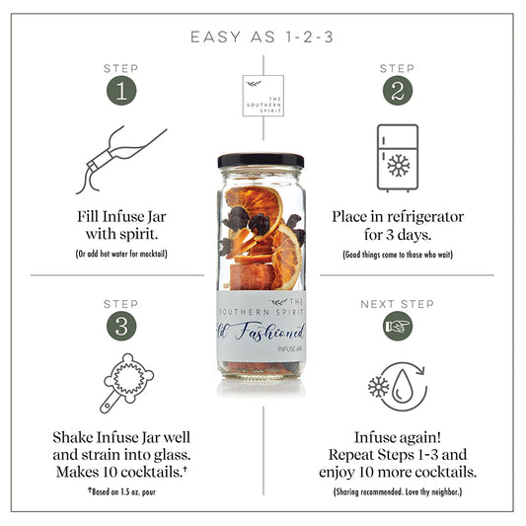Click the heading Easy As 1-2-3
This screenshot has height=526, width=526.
263,38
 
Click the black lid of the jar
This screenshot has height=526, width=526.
261,160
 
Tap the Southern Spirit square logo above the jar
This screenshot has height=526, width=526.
262,97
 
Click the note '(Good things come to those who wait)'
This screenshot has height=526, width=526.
397,254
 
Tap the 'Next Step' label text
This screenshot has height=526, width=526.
397,304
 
